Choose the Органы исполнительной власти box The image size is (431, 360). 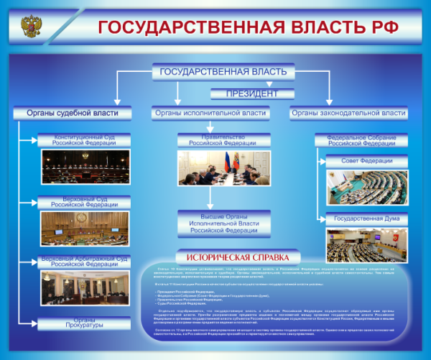(x=210, y=113)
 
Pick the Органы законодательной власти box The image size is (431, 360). (x=348, y=113)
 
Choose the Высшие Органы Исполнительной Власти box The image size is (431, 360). (x=223, y=222)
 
